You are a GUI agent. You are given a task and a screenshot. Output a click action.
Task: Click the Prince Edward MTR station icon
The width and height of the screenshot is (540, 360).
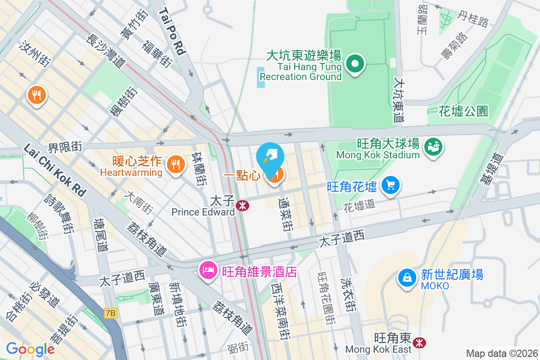[x=243, y=206]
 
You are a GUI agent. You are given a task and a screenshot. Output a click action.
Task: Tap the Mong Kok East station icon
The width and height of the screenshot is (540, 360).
[x=419, y=342]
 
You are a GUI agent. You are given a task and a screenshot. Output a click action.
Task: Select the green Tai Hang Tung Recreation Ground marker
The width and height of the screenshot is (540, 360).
[x=355, y=63]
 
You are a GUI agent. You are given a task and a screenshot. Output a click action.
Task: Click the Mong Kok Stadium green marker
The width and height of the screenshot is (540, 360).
[x=435, y=147]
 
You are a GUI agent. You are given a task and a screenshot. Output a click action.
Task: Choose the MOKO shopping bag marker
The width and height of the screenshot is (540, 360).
[x=407, y=277]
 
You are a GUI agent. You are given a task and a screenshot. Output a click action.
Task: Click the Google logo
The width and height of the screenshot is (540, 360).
[x=30, y=349]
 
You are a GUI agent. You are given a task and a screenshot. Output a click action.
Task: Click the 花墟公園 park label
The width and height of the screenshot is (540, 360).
[x=463, y=111]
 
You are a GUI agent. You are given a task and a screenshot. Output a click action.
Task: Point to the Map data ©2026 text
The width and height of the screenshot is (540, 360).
[x=501, y=354]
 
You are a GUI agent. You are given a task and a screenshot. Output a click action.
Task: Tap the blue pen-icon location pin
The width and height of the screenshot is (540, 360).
[x=270, y=157]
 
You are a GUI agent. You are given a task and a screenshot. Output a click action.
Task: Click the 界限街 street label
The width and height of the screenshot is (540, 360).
[x=66, y=146]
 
